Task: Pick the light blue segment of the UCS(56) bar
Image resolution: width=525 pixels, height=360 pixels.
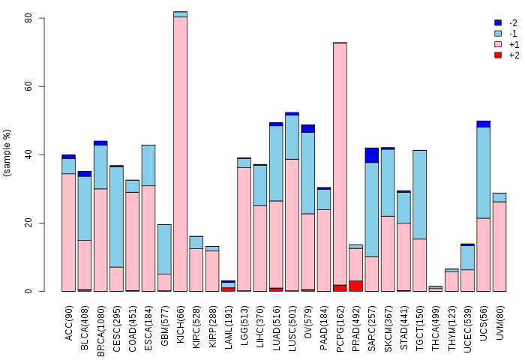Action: pos(483,172)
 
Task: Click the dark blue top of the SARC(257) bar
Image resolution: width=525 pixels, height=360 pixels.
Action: pos(371,155)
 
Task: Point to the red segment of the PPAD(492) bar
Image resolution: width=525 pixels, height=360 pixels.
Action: pos(355,286)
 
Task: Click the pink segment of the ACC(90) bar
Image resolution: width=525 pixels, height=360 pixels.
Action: pos(68,232)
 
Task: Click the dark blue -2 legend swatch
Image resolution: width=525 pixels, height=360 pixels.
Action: pos(498,23)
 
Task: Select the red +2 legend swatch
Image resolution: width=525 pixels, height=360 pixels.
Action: pos(498,55)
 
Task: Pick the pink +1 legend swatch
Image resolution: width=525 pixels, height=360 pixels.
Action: pos(498,45)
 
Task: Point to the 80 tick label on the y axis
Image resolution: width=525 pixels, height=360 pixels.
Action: pos(28,18)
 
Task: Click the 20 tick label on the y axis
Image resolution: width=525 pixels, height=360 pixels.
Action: pos(28,223)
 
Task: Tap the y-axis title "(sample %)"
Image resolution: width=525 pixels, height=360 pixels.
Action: pos(8,153)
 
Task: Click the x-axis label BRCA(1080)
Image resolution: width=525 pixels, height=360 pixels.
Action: pos(101,322)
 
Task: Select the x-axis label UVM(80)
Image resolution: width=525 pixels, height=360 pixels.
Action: pos(499,320)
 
